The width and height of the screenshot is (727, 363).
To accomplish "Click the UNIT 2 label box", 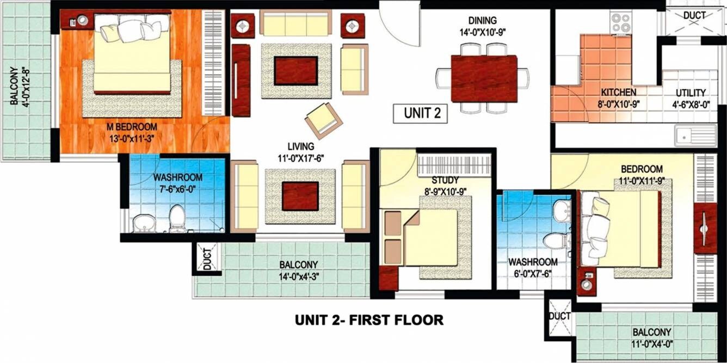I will point(420,114).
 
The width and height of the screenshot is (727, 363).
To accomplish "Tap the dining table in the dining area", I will point(484,78).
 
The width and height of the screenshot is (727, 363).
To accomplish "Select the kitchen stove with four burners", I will point(620,23).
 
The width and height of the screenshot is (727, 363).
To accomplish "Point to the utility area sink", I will point(695,135).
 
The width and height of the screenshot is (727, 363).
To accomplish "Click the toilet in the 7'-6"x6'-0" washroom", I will point(177,218).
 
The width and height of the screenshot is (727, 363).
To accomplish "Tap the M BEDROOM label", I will point(133,127).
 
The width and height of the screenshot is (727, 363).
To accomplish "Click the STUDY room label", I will point(445,180).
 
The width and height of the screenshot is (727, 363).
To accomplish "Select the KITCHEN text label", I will point(618,93).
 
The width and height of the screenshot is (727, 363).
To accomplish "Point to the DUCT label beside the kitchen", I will point(694,15).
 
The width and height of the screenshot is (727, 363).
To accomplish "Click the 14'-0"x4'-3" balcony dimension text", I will point(299,275).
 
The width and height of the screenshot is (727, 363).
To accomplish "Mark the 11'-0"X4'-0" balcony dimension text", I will point(651,343).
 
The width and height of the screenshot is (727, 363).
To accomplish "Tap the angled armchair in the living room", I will point(323,120).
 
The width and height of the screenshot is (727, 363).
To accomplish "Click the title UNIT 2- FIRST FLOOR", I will point(369,320).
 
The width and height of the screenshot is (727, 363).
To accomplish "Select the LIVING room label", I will point(301,146).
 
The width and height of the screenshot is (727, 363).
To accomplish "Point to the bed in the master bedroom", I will point(132,54).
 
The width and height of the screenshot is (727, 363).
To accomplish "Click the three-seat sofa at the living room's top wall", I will point(295,23).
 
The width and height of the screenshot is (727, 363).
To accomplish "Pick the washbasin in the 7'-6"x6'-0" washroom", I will point(143,222).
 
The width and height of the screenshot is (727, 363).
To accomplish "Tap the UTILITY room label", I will point(691,93).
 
